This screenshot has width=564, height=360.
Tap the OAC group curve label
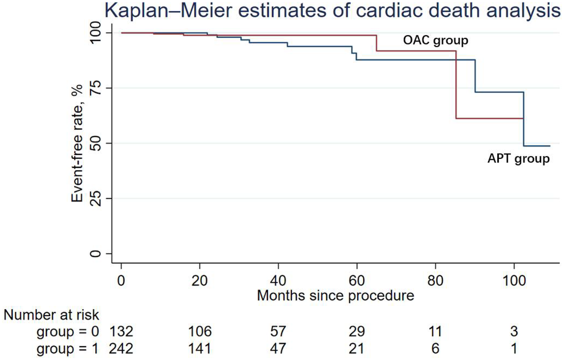tap(435, 40)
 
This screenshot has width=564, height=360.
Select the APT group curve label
tap(518, 158)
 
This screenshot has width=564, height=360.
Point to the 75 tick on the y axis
tap(95, 88)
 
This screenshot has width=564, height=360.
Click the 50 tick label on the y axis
tap(95, 143)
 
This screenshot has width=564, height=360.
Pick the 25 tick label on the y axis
tap(95, 199)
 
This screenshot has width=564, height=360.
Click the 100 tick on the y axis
tap(95, 33)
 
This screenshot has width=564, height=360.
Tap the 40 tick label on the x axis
tap(278, 280)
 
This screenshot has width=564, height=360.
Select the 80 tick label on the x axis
tap(435, 280)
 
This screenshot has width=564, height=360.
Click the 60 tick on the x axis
tap(357, 280)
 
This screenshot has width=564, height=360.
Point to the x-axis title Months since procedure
tap(336, 296)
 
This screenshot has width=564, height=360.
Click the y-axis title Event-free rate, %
tap(77, 143)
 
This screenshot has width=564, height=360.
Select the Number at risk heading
tap(51, 315)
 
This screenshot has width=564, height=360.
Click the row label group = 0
tap(68, 332)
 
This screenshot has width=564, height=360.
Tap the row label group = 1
tap(68, 349)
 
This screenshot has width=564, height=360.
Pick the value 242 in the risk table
tap(121, 349)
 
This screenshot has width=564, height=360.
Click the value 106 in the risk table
tap(200, 332)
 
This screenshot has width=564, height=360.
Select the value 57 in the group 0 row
tap(278, 332)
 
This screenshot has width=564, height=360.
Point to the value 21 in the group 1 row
tap(357, 349)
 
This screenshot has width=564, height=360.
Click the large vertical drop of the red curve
tap(456, 85)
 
